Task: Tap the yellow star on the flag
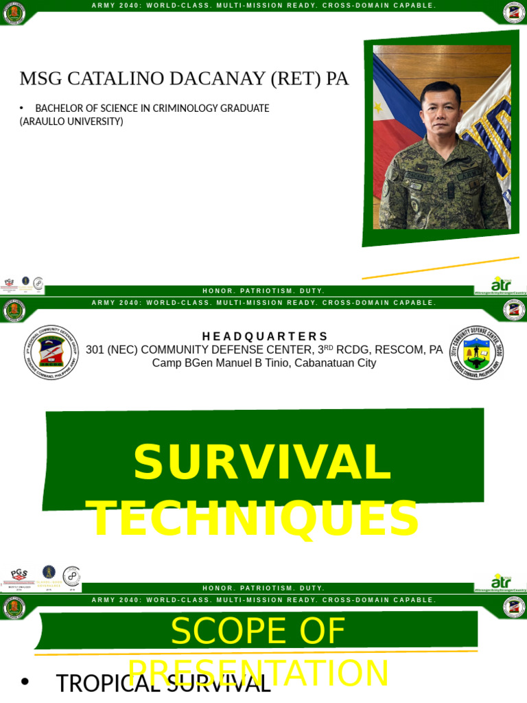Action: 378,108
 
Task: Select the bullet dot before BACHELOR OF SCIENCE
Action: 22,108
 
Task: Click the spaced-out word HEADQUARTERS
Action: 265,336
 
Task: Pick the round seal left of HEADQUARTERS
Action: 51,352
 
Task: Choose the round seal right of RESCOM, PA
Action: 476,352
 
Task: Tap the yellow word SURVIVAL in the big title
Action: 262,462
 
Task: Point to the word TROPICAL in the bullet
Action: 99,684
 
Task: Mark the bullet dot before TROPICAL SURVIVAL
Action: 25,682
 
